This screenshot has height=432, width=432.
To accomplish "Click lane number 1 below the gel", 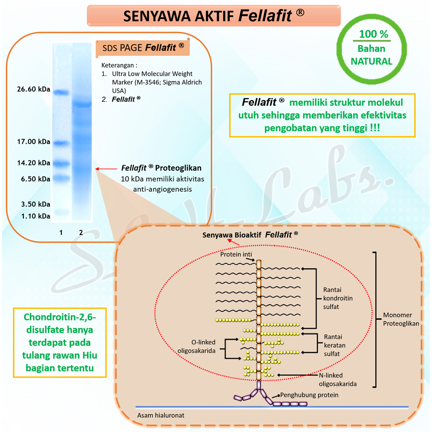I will pyautogui.click(x=61, y=232).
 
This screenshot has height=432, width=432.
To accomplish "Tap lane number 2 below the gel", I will pyautogui.click(x=81, y=232).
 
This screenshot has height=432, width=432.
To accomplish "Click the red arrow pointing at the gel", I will pyautogui.click(x=105, y=168).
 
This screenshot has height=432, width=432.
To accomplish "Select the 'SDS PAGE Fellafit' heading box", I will pyautogui.click(x=142, y=48).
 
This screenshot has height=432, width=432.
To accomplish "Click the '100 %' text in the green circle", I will pyautogui.click(x=373, y=35).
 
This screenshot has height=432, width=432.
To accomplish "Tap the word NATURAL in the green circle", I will pyautogui.click(x=372, y=61).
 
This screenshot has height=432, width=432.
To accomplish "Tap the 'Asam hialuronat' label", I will pyautogui.click(x=160, y=415).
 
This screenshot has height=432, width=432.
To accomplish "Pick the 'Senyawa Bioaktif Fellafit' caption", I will pyautogui.click(x=250, y=235).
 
